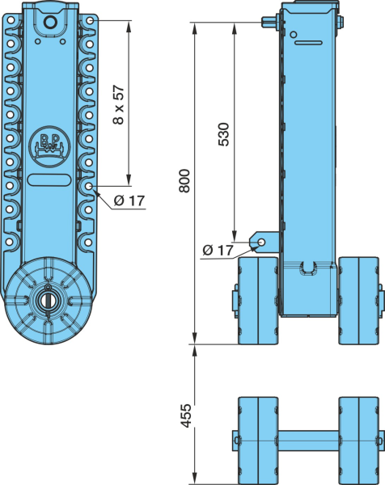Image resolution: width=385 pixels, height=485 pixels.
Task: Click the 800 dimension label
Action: click(x=184, y=181)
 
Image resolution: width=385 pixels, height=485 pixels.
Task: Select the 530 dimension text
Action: click(x=224, y=134)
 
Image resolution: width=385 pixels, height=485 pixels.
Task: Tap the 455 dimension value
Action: click(x=186, y=416)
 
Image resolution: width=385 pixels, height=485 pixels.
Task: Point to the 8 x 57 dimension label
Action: click(x=119, y=105)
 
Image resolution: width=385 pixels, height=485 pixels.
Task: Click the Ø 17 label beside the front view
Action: click(x=129, y=200)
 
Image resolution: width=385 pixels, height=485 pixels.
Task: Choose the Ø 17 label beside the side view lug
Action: click(x=218, y=250)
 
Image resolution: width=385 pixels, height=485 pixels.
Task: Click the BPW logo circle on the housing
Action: click(x=49, y=146)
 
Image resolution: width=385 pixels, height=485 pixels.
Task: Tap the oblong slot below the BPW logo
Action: click(x=49, y=180)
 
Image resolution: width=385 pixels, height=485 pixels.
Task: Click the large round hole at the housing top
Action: click(x=50, y=22)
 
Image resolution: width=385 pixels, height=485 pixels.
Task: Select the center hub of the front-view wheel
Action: click(x=48, y=300)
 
